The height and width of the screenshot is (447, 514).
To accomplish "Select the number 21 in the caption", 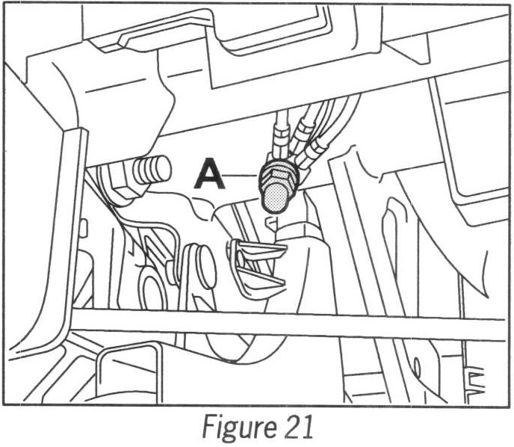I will (290, 428).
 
